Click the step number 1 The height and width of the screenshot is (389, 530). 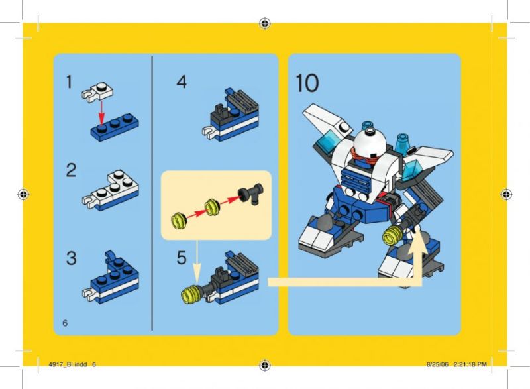pyautogui.click(x=69, y=82)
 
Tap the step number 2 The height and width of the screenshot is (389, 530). pyautogui.click(x=71, y=170)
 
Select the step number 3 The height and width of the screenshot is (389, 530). pyautogui.click(x=71, y=258)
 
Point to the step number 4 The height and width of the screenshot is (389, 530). pyautogui.click(x=182, y=82)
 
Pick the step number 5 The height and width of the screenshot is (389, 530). pyautogui.click(x=182, y=258)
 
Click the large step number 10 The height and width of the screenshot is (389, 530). pyautogui.click(x=307, y=83)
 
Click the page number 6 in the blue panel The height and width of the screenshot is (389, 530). pyautogui.click(x=65, y=323)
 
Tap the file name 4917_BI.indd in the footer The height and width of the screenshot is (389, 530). pyautogui.click(x=68, y=364)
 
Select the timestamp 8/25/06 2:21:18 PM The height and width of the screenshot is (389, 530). pyautogui.click(x=456, y=364)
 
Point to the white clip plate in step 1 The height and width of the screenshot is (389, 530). pyautogui.click(x=97, y=92)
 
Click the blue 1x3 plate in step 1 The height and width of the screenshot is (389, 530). pyautogui.click(x=115, y=128)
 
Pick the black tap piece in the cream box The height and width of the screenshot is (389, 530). pyautogui.click(x=251, y=194)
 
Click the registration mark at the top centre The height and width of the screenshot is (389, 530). pyautogui.click(x=265, y=23)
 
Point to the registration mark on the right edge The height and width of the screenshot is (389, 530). pyautogui.click(x=505, y=194)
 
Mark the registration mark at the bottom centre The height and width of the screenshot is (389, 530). pyautogui.click(x=265, y=365)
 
